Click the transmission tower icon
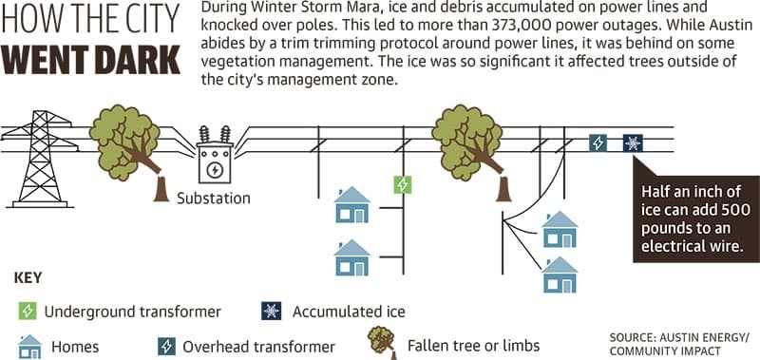(40, 159)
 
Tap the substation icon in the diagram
(215, 155)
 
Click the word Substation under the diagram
(213, 199)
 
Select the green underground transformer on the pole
(402, 184)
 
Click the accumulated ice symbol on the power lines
(633, 142)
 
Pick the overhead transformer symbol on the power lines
(598, 142)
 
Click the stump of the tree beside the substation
(161, 189)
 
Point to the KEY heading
(28, 278)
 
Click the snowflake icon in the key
(272, 311)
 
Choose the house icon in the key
(30, 346)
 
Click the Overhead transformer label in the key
(258, 347)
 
